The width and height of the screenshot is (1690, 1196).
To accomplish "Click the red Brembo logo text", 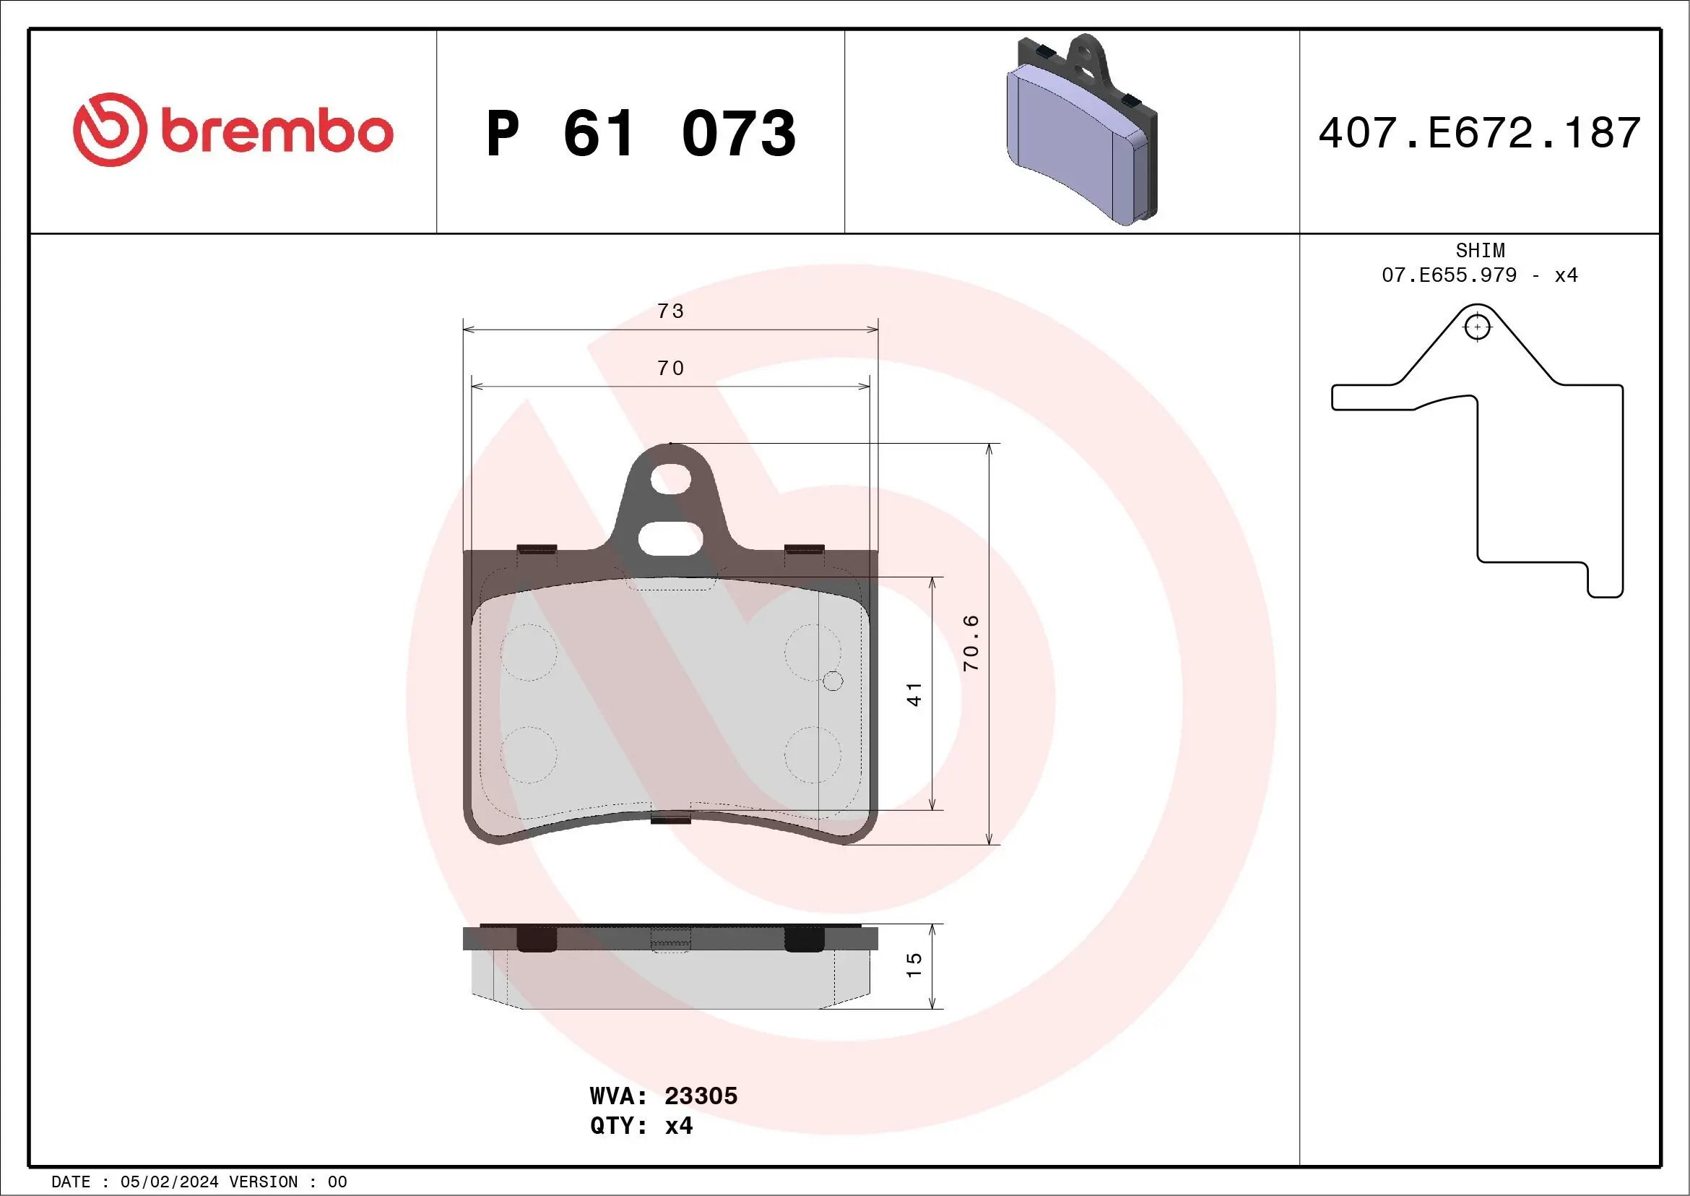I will coord(276,132).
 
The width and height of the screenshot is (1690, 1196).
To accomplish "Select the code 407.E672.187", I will coord(1480,133).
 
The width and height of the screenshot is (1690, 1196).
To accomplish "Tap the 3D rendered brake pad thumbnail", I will coord(1080,131).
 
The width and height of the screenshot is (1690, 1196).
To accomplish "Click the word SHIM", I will coord(1480,250).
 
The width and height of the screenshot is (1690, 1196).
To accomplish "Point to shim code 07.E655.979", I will coord(1449,275).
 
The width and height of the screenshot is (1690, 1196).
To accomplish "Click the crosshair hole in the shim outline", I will coord(1477,327).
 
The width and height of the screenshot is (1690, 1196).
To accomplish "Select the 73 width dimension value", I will coord(670,311).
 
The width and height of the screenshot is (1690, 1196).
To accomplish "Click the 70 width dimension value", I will coord(670,369).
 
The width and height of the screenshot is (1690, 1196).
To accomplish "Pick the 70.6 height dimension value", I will coord(971,642).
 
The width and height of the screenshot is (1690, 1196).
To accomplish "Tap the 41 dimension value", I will coord(914,694).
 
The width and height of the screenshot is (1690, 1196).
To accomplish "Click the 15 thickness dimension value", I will coord(914,965).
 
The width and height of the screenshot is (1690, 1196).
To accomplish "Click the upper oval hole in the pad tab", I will coord(670,478).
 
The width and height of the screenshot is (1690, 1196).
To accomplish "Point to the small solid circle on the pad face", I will coord(833,681).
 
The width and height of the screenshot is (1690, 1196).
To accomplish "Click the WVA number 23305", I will coord(701,1096).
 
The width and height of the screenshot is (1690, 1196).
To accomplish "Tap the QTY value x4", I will coord(679,1126).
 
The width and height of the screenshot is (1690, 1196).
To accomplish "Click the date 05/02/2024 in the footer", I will coord(169,1182).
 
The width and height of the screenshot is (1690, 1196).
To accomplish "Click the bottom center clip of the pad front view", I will coord(670,819).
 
